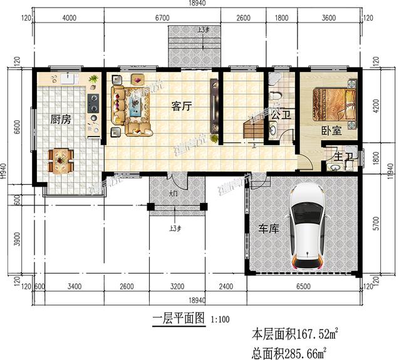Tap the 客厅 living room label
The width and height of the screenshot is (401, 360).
[181, 106]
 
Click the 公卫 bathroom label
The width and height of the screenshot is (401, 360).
[280, 115]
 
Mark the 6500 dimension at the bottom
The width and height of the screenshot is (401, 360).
[301, 289]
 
